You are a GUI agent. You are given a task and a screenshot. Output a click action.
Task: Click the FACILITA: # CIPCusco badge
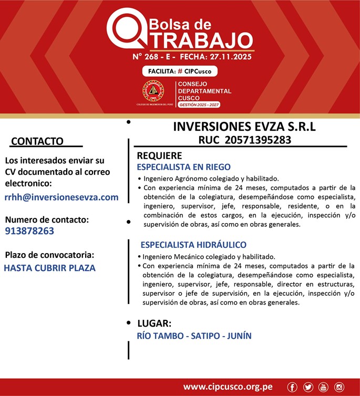[x=179, y=71]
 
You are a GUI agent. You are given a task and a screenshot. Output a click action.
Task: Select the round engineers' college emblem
[x=153, y=91]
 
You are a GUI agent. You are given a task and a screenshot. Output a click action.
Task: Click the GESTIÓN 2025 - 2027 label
[x=199, y=105]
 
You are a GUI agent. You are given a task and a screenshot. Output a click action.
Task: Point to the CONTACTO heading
[x=37, y=141]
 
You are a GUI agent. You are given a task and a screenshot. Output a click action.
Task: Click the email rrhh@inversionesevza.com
[x=61, y=197]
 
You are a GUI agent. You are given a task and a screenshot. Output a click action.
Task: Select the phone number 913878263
[x=29, y=231]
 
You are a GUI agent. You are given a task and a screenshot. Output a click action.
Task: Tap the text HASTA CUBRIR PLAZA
[x=49, y=267]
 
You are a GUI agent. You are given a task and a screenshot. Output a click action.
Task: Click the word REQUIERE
[x=159, y=156]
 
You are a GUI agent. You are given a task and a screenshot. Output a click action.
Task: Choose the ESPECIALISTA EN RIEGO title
[x=183, y=167]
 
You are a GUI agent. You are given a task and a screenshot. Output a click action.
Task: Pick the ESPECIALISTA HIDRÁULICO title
[x=193, y=245]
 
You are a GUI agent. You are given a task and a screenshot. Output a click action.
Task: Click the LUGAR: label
[x=155, y=323]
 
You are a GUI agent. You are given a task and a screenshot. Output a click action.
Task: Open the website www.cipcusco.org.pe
[x=228, y=387]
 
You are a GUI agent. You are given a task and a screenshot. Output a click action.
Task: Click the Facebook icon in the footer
[x=292, y=387]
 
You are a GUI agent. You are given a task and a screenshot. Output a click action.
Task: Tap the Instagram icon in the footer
[x=339, y=387]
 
